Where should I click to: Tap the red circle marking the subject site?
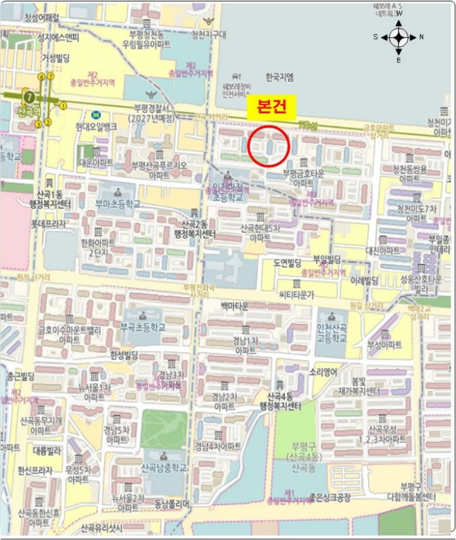coord(269,146)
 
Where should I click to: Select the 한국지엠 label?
coord(280,77)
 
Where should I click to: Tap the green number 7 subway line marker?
coord(29,97)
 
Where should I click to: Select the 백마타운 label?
coord(235,306)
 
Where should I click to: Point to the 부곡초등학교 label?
coord(143,328)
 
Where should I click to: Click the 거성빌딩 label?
coord(56,57)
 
